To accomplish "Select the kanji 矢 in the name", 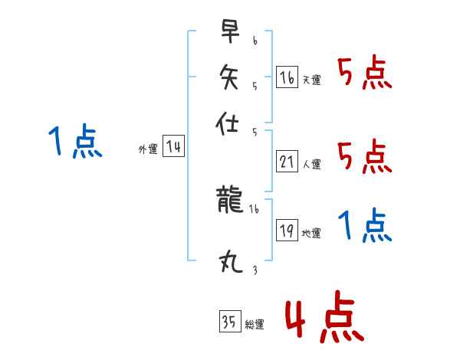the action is [x=229, y=79].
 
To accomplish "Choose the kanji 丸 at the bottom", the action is [x=229, y=263].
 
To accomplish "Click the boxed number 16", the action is [x=287, y=77].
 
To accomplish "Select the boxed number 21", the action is [x=287, y=162].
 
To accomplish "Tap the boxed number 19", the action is [x=287, y=231].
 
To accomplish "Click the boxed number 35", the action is [x=229, y=322].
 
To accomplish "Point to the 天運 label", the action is [x=311, y=80].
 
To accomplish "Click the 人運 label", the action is [x=311, y=164].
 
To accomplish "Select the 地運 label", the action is [x=311, y=233].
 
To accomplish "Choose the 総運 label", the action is [x=254, y=324].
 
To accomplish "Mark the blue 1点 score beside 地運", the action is [x=365, y=227].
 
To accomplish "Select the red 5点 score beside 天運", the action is [x=365, y=74].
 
